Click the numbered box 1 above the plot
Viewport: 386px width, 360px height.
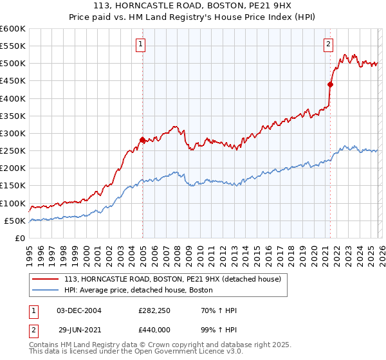pyautogui.click(x=140, y=44)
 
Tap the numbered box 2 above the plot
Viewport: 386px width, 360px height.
pyautogui.click(x=328, y=44)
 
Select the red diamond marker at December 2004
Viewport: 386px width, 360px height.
pyautogui.click(x=142, y=139)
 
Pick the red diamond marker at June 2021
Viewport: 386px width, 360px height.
pyautogui.click(x=330, y=84)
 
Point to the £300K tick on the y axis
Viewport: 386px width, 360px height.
pyautogui.click(x=13, y=133)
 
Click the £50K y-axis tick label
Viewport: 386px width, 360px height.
pyautogui.click(x=15, y=221)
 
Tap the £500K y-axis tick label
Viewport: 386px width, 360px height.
pyautogui.click(x=13, y=64)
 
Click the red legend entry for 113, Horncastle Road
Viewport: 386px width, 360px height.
pyautogui.click(x=172, y=279)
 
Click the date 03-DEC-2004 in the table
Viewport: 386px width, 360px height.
pyautogui.click(x=79, y=310)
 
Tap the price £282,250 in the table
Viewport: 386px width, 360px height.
pyautogui.click(x=153, y=310)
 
